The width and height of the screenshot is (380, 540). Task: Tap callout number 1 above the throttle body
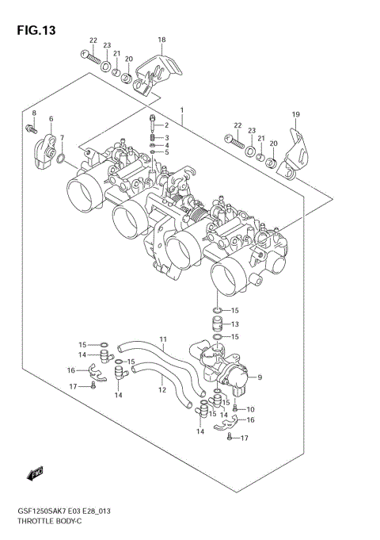(181, 109)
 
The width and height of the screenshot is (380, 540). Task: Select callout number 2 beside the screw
(167, 126)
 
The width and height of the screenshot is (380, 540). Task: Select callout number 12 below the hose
(161, 389)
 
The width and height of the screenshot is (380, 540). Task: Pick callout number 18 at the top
(161, 40)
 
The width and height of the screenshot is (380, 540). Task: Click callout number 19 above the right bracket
(295, 115)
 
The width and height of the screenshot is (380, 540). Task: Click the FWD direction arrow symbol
(34, 475)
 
